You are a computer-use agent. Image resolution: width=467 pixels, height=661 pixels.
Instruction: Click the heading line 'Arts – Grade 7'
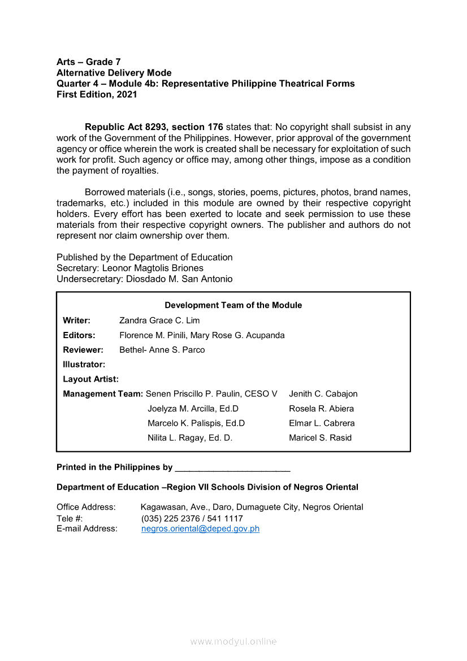pyautogui.click(x=88, y=62)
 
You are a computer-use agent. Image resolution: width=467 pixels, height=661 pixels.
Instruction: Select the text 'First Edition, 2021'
pyautogui.click(x=97, y=94)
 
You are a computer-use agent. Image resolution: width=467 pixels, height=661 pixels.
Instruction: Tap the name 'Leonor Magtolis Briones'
pyautogui.click(x=153, y=268)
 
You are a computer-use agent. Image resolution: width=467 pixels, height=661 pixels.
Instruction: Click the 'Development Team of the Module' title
pyautogui.click(x=233, y=305)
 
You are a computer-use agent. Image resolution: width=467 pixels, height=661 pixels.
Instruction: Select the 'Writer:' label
pyautogui.click(x=76, y=321)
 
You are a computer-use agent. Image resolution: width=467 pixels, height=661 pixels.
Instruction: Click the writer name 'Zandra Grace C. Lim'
pyautogui.click(x=159, y=321)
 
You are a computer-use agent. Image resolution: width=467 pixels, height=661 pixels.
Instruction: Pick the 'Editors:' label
pyautogui.click(x=79, y=335)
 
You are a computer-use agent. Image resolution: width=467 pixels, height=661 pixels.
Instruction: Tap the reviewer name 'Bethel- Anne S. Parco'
pyautogui.click(x=162, y=350)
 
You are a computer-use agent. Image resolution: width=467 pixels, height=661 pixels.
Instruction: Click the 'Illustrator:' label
pyautogui.click(x=84, y=365)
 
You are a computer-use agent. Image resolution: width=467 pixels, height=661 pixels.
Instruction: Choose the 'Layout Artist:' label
pyautogui.click(x=90, y=379)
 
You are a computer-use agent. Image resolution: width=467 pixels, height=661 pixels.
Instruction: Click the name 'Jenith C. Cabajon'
pyautogui.click(x=323, y=394)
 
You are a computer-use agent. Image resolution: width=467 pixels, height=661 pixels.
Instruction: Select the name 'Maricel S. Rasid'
pyautogui.click(x=320, y=438)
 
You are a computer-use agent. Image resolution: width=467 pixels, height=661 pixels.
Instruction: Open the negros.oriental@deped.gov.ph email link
pyautogui.click(x=200, y=529)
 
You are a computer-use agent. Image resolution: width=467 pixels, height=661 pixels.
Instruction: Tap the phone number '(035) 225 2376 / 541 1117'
pyautogui.click(x=192, y=519)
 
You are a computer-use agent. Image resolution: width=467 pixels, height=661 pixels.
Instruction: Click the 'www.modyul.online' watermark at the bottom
pyautogui.click(x=233, y=642)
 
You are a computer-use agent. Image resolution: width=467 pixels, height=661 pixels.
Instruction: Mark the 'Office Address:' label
pyautogui.click(x=86, y=507)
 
